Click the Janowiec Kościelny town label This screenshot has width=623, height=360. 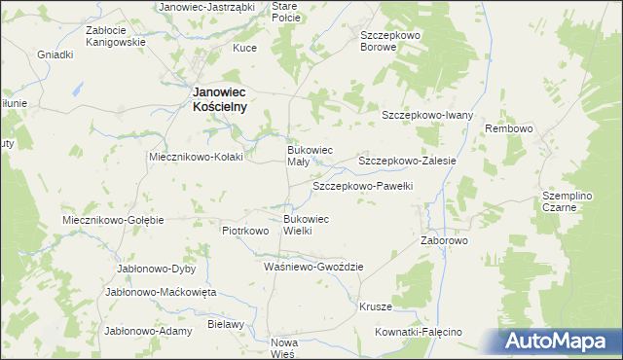pos(216,98)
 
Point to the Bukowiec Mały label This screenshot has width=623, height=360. pos(310,156)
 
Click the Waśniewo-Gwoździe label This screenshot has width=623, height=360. pos(313,266)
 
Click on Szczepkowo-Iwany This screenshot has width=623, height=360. pos(427,115)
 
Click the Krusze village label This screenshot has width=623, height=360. pos(376,306)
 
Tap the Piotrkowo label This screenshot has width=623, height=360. pos(244,232)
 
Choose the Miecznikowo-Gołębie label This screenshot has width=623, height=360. pos(113,220)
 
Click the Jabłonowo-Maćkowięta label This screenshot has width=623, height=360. pos(162,291)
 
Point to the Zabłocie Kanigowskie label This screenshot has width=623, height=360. pos(116,36)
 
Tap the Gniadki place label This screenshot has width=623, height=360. pos(55,54)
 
